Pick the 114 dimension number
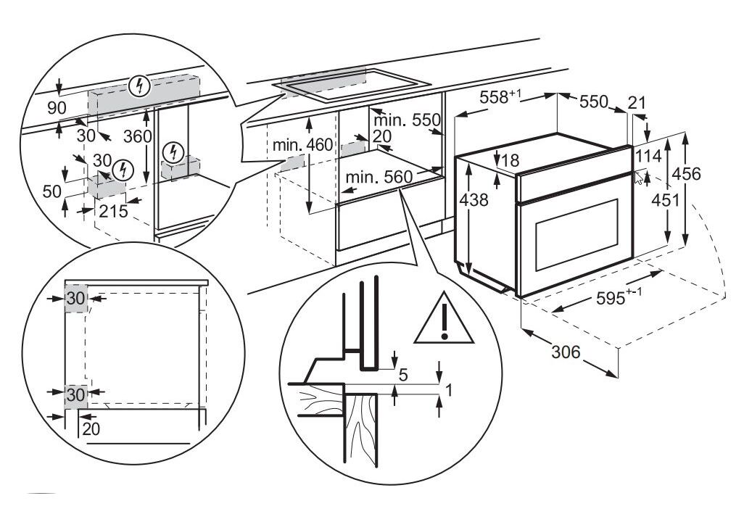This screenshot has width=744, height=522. coord(648,155)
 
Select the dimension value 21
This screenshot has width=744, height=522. coord(636,104)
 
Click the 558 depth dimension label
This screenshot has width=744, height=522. coord(500,99)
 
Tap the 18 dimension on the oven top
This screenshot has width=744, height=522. coord(511,160)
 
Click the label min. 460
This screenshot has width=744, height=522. coord(303,145)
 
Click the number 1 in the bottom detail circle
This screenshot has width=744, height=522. coord(449,390)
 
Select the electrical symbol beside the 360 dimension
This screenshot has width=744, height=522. coord(173,152)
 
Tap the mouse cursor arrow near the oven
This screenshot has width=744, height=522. coord(638,178)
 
